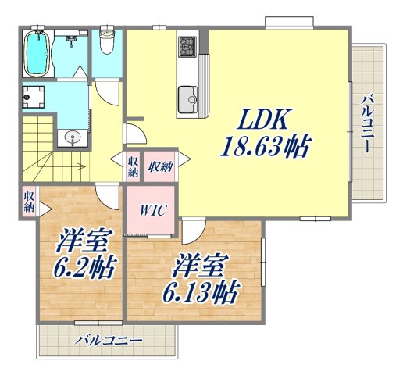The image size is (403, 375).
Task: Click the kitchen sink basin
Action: click(x=188, y=98)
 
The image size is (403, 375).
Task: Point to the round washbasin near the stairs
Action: click(x=74, y=138)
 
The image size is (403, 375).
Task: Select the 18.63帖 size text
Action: click(x=268, y=146)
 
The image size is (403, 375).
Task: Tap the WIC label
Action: click(x=152, y=210)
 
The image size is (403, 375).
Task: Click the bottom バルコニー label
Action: click(x=109, y=341)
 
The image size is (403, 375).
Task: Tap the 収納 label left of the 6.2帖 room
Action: click(x=29, y=202)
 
